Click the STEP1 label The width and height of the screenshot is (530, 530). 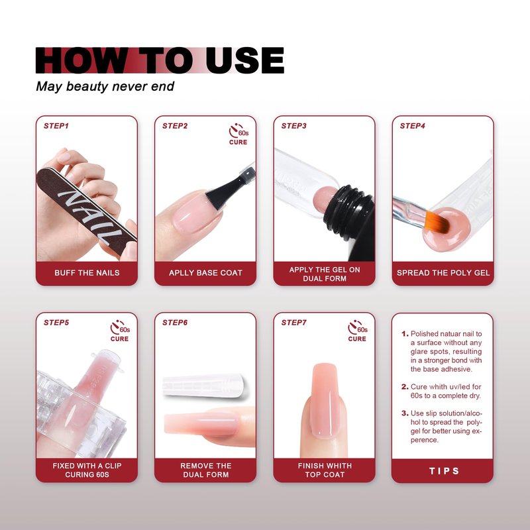pyautogui.click(x=56, y=126)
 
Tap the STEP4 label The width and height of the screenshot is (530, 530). pyautogui.click(x=412, y=126)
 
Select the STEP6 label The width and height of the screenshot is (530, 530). pyautogui.click(x=175, y=323)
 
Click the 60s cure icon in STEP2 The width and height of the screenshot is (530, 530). pyautogui.click(x=238, y=134)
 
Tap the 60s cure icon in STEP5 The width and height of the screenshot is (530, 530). pyautogui.click(x=120, y=331)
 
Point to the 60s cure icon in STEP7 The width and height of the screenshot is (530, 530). pyautogui.click(x=358, y=331)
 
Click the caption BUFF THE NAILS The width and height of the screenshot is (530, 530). pyautogui.click(x=87, y=273)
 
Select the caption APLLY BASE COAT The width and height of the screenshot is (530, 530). pyautogui.click(x=205, y=273)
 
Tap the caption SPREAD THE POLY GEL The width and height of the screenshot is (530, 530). pyautogui.click(x=443, y=273)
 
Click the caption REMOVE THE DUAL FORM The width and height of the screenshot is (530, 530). pyautogui.click(x=206, y=470)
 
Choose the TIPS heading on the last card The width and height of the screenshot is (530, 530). pyautogui.click(x=444, y=471)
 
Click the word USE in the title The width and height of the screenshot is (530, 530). pyautogui.click(x=244, y=60)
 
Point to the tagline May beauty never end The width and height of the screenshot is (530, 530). pyautogui.click(x=105, y=87)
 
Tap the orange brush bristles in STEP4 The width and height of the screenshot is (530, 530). pyautogui.click(x=437, y=222)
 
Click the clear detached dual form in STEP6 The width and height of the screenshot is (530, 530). pyautogui.click(x=205, y=386)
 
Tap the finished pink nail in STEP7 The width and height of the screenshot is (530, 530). pyautogui.click(x=325, y=401)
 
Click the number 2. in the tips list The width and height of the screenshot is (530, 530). pyautogui.click(x=405, y=387)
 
